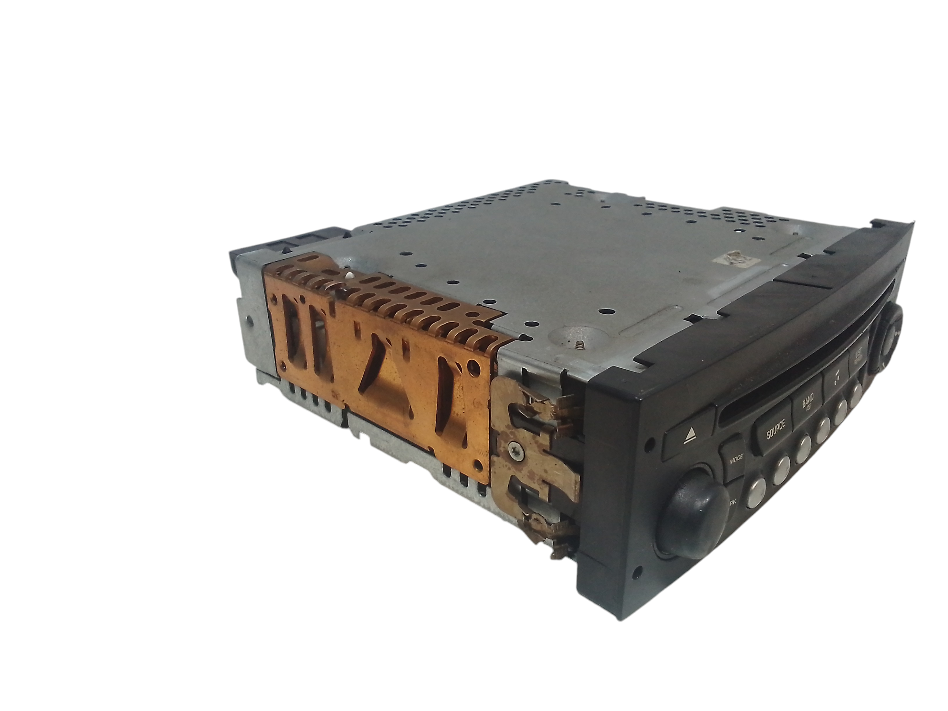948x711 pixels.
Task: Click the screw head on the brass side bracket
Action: [x=515, y=448]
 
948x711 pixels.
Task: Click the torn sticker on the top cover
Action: [x=737, y=259]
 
